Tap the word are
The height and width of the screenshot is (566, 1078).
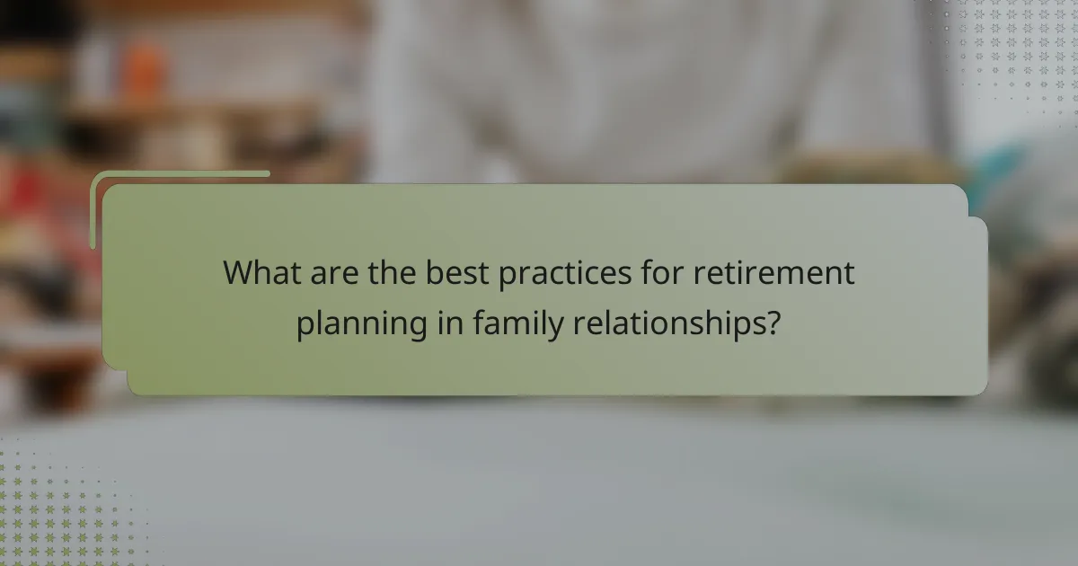coord(334,273)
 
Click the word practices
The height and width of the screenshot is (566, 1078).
coord(552,273)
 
